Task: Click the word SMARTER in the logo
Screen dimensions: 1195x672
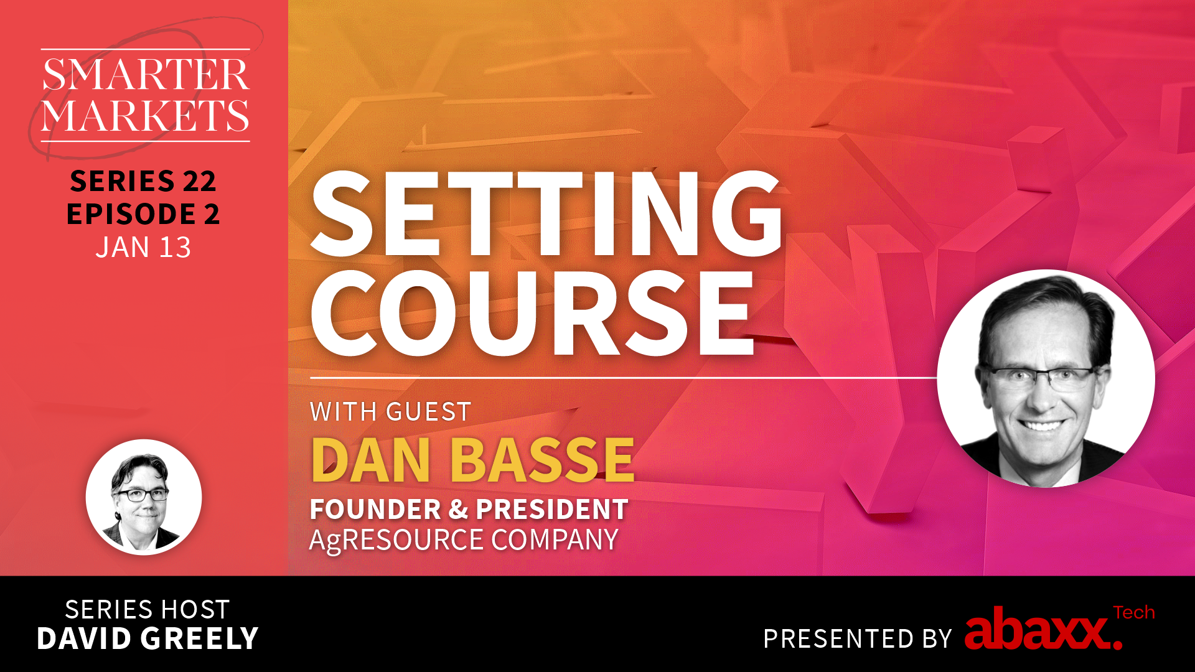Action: [146, 75]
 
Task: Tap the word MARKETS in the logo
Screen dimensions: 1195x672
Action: [146, 115]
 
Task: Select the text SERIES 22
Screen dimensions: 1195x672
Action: [143, 181]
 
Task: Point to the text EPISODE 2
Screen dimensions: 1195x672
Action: [143, 214]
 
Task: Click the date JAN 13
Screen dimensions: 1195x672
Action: [143, 248]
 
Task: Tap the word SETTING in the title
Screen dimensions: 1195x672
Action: [546, 214]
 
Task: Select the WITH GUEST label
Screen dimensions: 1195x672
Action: [390, 412]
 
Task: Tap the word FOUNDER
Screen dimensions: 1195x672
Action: [375, 510]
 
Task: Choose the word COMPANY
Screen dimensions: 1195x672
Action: [555, 539]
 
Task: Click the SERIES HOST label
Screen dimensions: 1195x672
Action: [148, 610]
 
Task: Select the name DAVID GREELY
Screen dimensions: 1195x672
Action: [148, 639]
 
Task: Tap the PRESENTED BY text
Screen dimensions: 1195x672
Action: [858, 639]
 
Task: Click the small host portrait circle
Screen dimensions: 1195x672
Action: [144, 497]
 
